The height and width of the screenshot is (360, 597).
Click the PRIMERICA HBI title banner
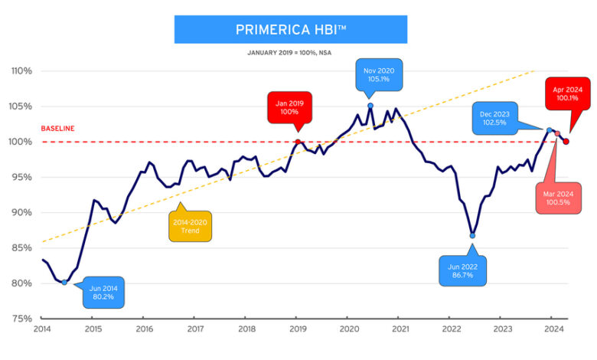click(290, 29)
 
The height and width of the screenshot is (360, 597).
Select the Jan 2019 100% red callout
click(290, 106)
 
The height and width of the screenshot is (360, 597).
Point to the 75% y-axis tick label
click(21, 319)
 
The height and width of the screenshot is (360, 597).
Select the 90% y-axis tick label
click(21, 213)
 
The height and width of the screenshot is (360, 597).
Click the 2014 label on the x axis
click(41, 330)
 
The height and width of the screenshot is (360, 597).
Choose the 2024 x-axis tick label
click(553, 330)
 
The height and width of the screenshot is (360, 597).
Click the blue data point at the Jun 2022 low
click(472, 236)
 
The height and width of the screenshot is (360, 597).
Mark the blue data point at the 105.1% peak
click(370, 106)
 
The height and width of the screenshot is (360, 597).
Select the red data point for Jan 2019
click(298, 142)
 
